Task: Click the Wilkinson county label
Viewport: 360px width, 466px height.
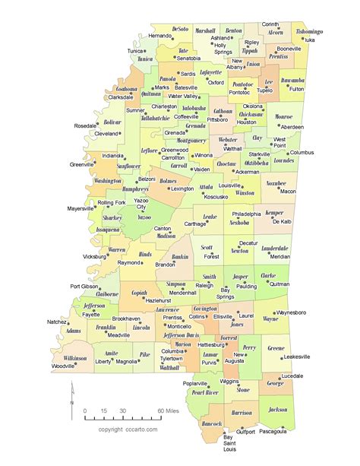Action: pyautogui.click(x=75, y=357)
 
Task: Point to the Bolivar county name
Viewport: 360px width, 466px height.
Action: pyautogui.click(x=112, y=121)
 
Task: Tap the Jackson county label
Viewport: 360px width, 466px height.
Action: pyautogui.click(x=278, y=410)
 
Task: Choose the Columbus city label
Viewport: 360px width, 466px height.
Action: pyautogui.click(x=301, y=152)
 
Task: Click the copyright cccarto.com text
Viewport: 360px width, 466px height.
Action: pyautogui.click(x=128, y=430)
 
